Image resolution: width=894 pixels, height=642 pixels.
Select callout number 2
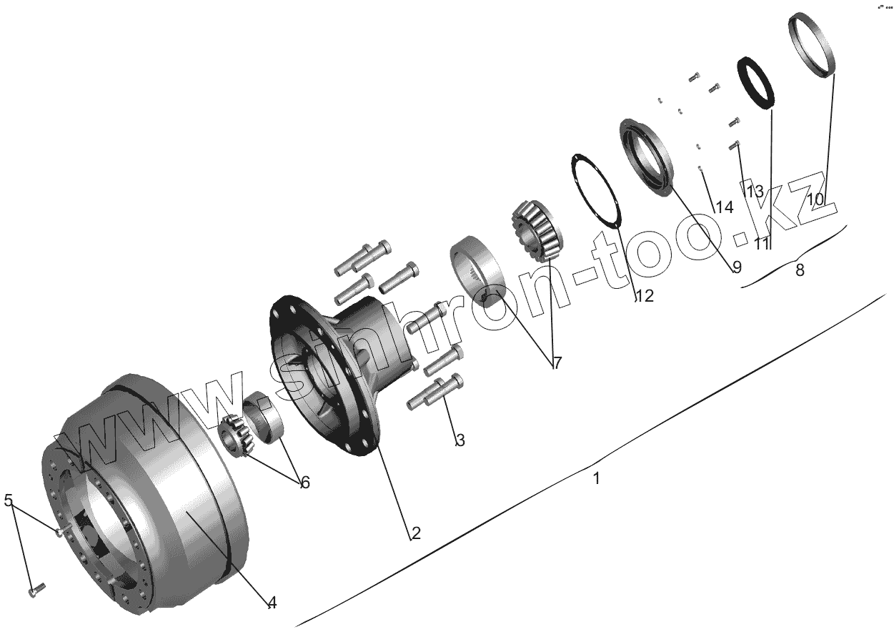pyautogui.click(x=415, y=533)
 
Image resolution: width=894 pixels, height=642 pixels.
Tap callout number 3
pyautogui.click(x=460, y=440)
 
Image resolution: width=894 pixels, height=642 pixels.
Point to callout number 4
pyautogui.click(x=272, y=603)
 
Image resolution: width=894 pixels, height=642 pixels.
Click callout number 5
pyautogui.click(x=9, y=500)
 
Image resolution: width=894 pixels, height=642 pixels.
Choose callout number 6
pyautogui.click(x=304, y=483)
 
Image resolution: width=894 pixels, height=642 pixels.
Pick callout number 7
pyautogui.click(x=555, y=363)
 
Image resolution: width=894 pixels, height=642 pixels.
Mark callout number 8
pyautogui.click(x=799, y=270)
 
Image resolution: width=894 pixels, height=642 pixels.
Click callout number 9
pyautogui.click(x=736, y=267)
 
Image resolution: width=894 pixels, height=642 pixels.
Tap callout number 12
pyautogui.click(x=644, y=296)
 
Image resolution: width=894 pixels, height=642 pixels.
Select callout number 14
pyautogui.click(x=724, y=207)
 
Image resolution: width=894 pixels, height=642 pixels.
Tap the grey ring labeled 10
pyautogui.click(x=813, y=43)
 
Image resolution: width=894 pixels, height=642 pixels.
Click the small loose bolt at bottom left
pyautogui.click(x=36, y=590)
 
